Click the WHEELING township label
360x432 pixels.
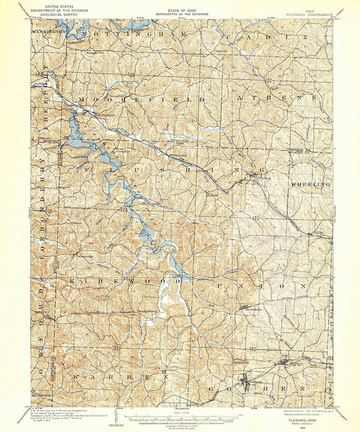point(311,184)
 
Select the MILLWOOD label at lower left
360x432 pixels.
point(41,395)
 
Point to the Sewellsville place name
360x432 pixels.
point(85,256)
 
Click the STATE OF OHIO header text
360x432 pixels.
point(182,11)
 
